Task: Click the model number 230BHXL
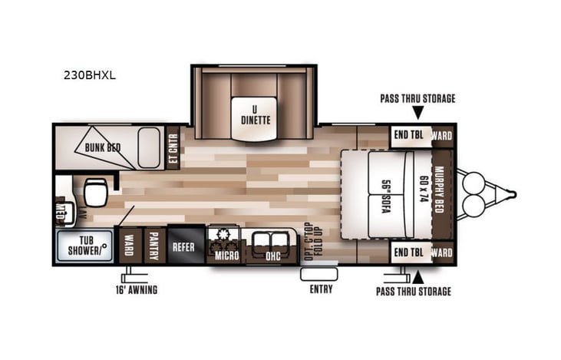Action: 90,76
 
